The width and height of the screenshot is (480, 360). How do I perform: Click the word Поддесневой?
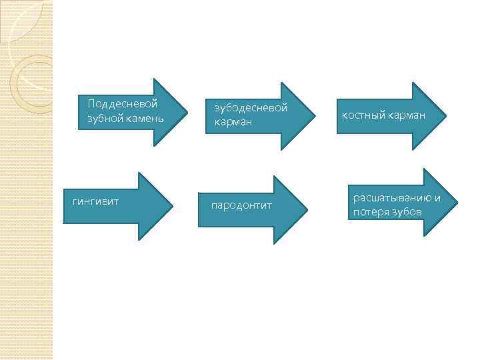(122, 104)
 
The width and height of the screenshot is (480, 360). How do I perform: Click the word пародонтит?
(241, 205)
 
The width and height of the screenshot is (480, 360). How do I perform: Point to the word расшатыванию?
(393, 198)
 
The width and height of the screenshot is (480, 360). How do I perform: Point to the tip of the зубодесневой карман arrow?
(315, 115)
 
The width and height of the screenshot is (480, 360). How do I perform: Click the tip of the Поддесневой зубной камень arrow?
(186, 112)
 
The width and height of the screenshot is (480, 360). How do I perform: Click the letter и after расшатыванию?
(438, 198)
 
